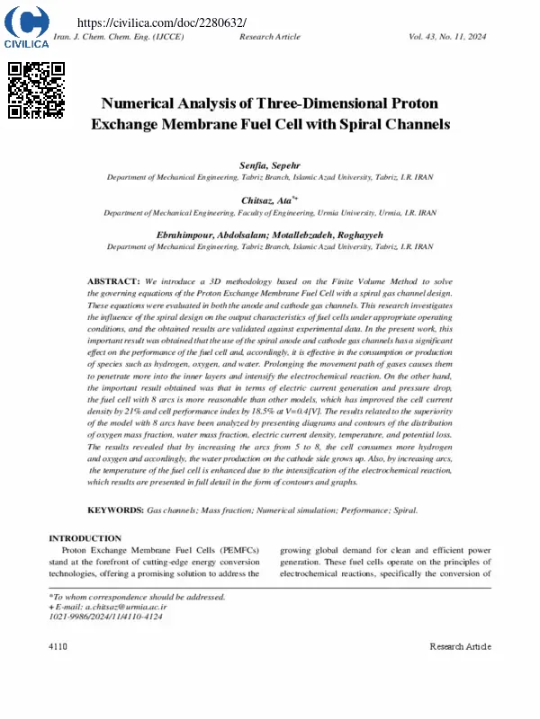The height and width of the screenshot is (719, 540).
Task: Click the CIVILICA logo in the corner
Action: (26, 26)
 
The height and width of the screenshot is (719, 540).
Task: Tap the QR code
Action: (36, 90)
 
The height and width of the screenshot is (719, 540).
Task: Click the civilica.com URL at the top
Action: (163, 22)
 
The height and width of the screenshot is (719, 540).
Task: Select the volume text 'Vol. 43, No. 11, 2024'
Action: (447, 37)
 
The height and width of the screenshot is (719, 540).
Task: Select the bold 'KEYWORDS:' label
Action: (114, 510)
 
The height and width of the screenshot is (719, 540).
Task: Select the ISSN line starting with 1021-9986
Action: (105, 617)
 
